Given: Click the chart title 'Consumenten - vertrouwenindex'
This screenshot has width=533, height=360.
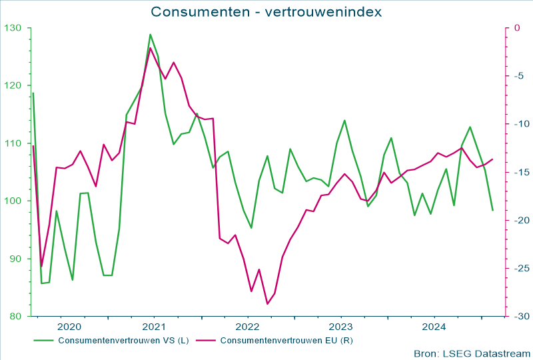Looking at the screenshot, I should (266, 12).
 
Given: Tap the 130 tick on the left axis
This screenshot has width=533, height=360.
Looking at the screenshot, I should (13, 28).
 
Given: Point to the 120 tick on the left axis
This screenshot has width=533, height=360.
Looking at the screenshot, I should (13, 85).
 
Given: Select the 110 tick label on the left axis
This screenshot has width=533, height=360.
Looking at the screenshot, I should (13, 143).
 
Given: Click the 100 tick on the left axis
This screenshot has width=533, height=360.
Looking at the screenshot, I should (13, 201).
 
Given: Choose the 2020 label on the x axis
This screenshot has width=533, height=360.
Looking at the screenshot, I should (69, 327).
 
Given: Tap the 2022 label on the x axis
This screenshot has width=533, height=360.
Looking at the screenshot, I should (247, 327).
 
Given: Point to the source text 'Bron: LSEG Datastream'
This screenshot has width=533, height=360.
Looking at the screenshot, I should (472, 353).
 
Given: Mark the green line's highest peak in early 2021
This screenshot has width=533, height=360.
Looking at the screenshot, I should (150, 35).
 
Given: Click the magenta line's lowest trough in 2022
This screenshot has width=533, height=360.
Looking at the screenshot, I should (267, 304).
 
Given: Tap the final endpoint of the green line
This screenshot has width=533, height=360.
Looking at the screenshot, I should (492, 211).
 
